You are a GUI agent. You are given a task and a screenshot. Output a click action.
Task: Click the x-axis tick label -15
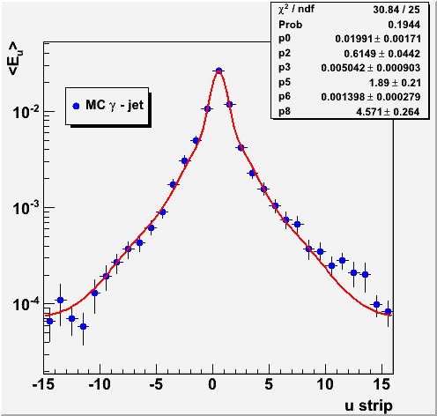[x=44, y=384]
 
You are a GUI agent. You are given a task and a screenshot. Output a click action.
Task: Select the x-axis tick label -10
[x=100, y=384]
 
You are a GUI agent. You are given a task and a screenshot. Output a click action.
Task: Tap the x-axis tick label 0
[x=212, y=384]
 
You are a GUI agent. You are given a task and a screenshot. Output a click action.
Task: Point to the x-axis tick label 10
[x=325, y=384]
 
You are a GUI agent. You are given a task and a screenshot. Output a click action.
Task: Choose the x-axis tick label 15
[x=381, y=384]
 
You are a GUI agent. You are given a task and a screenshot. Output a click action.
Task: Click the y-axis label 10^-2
[x=26, y=112]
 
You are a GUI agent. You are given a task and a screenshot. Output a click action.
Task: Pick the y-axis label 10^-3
[x=26, y=208]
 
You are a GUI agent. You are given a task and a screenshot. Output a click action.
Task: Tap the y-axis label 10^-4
[x=26, y=304]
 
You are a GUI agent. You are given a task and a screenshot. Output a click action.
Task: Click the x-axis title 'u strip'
[x=368, y=405]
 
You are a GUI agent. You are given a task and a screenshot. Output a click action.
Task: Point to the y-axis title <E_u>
[x=16, y=59]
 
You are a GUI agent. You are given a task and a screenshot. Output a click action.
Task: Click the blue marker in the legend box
[x=76, y=106]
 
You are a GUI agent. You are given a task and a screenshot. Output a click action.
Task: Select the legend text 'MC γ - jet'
[x=115, y=105]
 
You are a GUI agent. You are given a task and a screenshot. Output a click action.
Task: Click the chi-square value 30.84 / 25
[x=396, y=10]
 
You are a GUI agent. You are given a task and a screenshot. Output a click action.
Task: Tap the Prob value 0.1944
[x=404, y=25]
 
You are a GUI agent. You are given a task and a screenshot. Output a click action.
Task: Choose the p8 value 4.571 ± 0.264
[x=388, y=112]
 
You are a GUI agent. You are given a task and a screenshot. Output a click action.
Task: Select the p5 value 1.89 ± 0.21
[x=395, y=83]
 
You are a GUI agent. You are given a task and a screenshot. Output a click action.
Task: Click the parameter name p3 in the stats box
[x=285, y=68]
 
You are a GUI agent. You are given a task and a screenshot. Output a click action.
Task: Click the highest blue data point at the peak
[x=218, y=71]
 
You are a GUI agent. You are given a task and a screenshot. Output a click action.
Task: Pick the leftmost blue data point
[x=49, y=321]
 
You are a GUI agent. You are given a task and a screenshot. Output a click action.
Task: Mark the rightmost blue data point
[x=388, y=311]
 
